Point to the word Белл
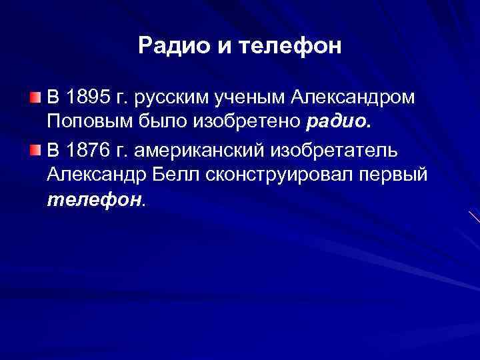click(182, 175)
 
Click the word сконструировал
click(281, 175)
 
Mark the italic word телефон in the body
click(95, 200)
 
